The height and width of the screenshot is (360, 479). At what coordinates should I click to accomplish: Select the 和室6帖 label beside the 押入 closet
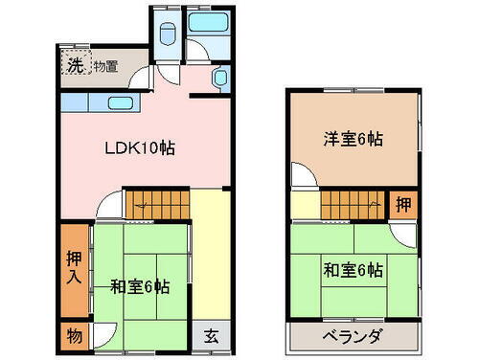[140, 285]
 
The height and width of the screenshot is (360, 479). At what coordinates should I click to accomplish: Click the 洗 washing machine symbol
[74, 65]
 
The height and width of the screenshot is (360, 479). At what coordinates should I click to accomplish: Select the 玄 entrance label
[211, 335]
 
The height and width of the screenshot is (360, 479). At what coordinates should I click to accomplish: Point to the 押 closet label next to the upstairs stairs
[405, 204]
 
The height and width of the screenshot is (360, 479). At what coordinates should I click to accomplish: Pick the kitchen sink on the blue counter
[118, 102]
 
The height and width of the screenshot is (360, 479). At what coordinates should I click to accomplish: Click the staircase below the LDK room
[159, 202]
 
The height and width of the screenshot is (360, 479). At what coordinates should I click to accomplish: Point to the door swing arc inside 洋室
[302, 175]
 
